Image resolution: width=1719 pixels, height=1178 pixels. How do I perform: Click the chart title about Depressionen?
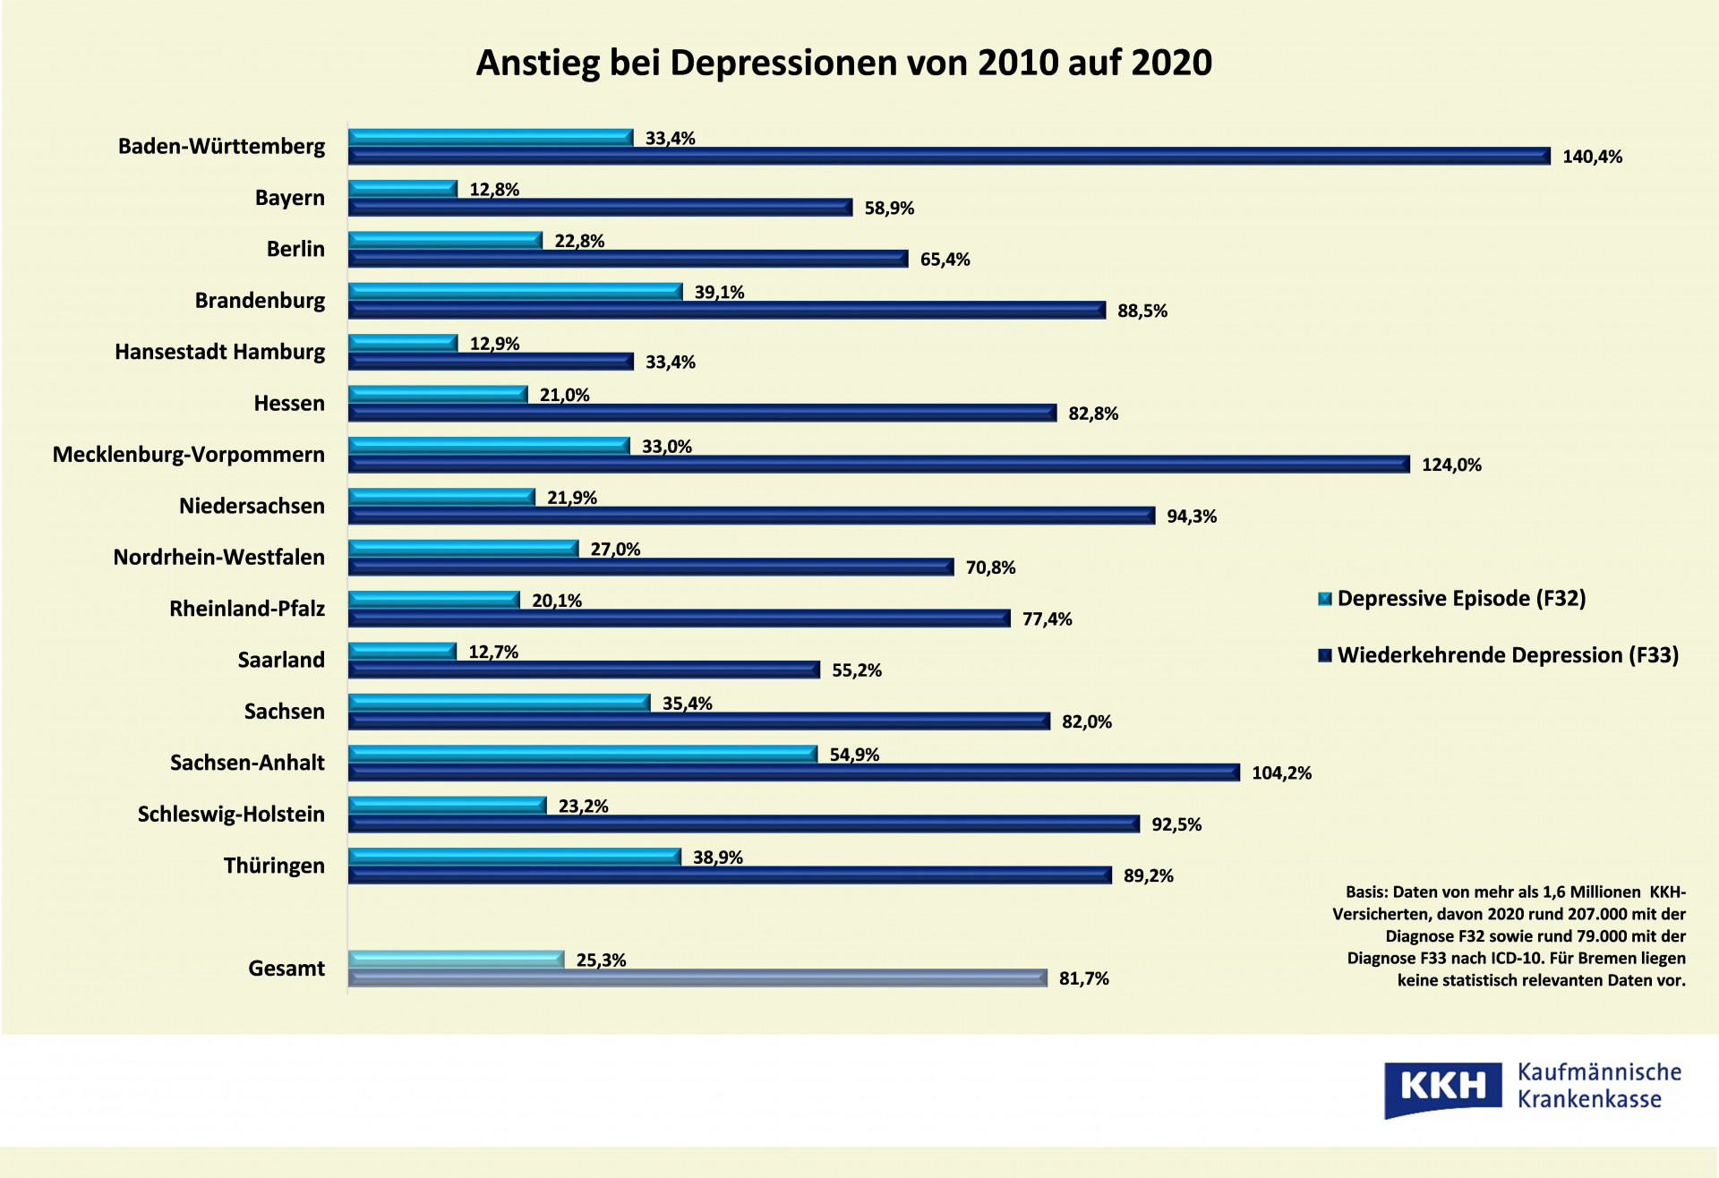pos(843,63)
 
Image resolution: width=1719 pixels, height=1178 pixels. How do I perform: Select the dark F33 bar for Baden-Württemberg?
pos(949,157)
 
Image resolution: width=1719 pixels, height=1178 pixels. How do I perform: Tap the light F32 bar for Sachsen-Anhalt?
pos(582,755)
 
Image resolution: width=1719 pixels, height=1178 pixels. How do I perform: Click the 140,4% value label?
pos(1592,158)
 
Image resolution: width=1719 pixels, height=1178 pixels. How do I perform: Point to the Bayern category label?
pos(289,198)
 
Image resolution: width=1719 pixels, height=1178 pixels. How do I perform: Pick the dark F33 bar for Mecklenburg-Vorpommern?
pos(878,465)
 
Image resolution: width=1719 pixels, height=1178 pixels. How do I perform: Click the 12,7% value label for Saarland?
pos(493,653)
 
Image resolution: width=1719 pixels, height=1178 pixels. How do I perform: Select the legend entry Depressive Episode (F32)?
pos(1460,599)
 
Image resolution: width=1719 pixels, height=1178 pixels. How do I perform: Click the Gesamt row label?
pos(286,969)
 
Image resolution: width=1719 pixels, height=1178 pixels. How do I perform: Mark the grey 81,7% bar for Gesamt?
pos(697,978)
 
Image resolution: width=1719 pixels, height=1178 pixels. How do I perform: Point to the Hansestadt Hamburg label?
pos(219,352)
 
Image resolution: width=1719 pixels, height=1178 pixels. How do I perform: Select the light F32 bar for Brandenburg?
pos(515,292)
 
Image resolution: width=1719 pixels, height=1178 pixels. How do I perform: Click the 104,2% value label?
pos(1281,773)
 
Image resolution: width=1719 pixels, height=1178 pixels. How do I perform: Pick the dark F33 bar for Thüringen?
pos(730,875)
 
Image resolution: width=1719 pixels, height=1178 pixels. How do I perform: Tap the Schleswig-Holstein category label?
pos(231,815)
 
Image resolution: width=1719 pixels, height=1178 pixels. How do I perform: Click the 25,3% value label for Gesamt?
pos(601,960)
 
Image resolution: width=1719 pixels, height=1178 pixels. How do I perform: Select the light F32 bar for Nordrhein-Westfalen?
pos(463,549)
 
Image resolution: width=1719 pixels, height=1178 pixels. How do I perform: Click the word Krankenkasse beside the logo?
pos(1589,1100)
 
